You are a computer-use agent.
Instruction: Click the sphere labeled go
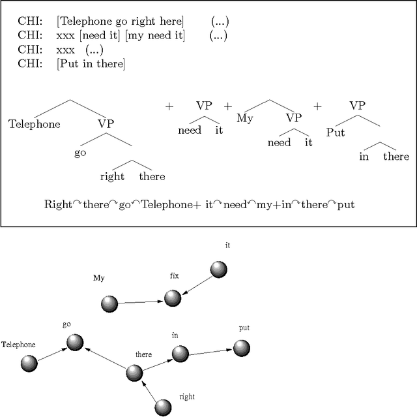point(75,343)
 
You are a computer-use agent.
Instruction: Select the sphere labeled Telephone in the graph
point(29,364)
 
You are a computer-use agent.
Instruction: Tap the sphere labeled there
point(134,373)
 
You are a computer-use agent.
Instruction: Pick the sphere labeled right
point(163,407)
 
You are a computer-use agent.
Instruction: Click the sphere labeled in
point(180,354)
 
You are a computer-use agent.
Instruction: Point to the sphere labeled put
point(242,347)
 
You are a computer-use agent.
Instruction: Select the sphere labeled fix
point(172,298)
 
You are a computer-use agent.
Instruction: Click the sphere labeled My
point(109,303)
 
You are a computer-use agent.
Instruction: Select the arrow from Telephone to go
point(52,354)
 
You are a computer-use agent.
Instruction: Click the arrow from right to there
point(149,391)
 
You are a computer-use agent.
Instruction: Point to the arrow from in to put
point(210,351)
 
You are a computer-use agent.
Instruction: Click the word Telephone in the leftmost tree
point(34,124)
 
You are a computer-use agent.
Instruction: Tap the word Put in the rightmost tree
point(336,133)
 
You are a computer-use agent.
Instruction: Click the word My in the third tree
point(244,119)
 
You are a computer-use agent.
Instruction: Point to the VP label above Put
point(357,105)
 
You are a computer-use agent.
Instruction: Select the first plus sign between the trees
point(169,106)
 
